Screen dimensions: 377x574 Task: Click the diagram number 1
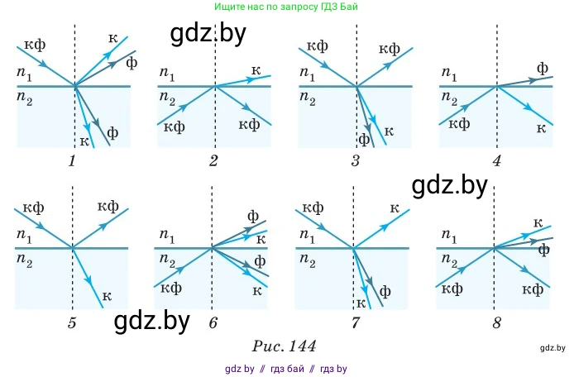[x=73, y=161]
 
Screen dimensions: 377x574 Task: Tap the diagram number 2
[x=213, y=161]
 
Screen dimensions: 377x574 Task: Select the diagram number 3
[x=356, y=161]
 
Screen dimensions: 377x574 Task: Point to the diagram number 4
[x=496, y=161]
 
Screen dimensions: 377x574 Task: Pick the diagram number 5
[x=73, y=322]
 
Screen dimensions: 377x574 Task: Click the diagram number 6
[x=213, y=322]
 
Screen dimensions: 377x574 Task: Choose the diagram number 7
[x=356, y=322]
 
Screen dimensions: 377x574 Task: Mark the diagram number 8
[x=496, y=322]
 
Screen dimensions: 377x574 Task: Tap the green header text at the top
[x=286, y=7]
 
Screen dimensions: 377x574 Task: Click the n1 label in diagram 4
[x=449, y=75]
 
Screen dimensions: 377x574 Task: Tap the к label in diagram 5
[x=106, y=295]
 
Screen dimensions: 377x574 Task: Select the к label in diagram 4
[x=542, y=126]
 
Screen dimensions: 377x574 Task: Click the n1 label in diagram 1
[x=26, y=75]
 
